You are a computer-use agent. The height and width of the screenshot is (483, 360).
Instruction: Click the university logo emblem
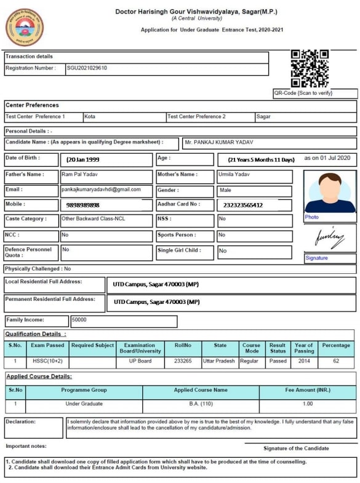(25, 28)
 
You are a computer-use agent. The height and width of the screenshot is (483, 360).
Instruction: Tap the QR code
(310, 68)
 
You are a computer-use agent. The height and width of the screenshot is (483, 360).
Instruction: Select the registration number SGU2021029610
(87, 68)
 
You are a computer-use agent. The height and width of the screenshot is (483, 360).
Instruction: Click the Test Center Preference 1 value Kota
(90, 116)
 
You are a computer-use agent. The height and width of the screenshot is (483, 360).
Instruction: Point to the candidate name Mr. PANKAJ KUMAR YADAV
(219, 143)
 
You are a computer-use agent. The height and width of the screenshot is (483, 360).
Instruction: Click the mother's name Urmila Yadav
(235, 175)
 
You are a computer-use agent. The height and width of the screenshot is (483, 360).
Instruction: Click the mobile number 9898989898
(82, 205)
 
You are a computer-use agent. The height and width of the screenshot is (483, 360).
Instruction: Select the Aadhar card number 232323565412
(242, 205)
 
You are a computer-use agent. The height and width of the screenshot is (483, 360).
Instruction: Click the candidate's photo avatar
(329, 192)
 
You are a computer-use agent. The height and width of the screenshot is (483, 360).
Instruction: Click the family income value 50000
(79, 320)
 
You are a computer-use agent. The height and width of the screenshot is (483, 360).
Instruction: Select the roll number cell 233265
(183, 361)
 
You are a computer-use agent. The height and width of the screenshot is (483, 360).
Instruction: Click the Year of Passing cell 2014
(303, 361)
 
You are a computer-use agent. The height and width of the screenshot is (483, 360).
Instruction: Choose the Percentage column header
(336, 346)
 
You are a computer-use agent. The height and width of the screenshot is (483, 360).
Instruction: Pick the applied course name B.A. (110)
(200, 404)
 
